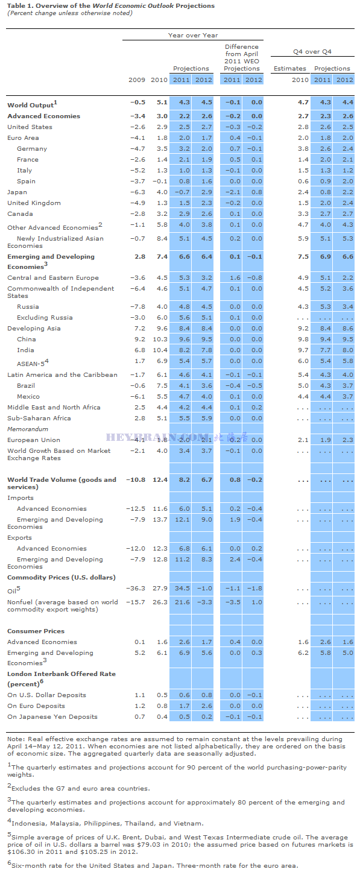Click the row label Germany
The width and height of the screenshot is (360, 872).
pyautogui.click(x=32, y=149)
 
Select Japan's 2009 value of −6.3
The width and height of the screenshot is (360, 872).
pyautogui.click(x=137, y=192)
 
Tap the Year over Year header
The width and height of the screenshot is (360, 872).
pyautogui.click(x=193, y=35)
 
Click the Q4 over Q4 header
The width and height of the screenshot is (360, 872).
pyautogui.click(x=312, y=51)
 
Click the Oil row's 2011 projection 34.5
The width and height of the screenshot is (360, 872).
pyautogui.click(x=182, y=588)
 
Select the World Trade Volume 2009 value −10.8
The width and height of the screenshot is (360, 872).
pyautogui.click(x=136, y=479)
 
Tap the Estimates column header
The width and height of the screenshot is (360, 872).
pyautogui.click(x=290, y=69)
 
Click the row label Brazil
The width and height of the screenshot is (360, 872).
pyautogui.click(x=26, y=385)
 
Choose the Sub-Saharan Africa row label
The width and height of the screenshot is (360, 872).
pyautogui.click(x=39, y=418)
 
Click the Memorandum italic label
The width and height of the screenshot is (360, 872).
pyautogui.click(x=28, y=429)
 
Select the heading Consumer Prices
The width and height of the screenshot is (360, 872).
pyautogui.click(x=36, y=631)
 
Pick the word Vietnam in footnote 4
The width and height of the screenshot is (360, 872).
pyautogui.click(x=187, y=823)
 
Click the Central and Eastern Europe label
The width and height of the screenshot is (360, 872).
pyautogui.click(x=53, y=277)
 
